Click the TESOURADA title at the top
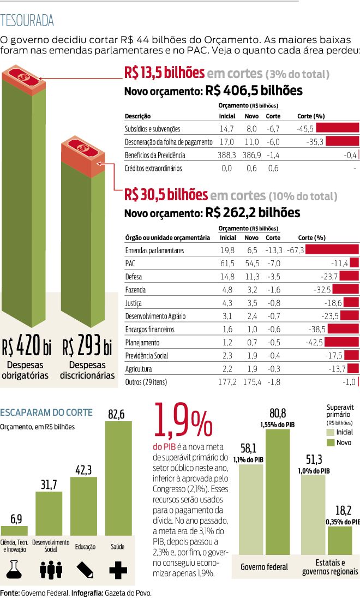27,21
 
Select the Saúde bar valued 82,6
117,480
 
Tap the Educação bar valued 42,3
83,506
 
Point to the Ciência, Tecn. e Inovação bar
15,530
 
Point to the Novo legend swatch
331,442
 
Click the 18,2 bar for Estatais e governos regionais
340,540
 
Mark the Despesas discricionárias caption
87,370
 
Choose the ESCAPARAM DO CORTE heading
46,412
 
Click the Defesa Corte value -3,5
273,277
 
